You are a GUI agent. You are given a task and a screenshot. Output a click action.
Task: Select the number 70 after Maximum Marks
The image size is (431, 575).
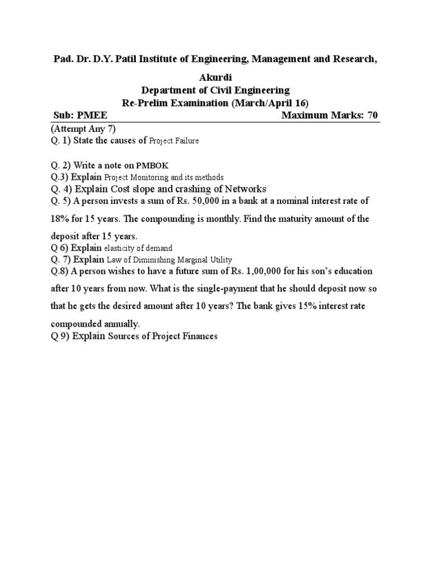click(x=373, y=116)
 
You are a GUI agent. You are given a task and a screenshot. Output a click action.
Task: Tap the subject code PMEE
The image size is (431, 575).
click(x=92, y=116)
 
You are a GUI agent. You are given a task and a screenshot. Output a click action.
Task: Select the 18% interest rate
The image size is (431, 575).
click(x=61, y=218)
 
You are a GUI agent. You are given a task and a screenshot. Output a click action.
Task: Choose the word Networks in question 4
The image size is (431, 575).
click(x=245, y=189)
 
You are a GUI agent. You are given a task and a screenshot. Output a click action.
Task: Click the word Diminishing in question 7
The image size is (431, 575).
click(x=150, y=259)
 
